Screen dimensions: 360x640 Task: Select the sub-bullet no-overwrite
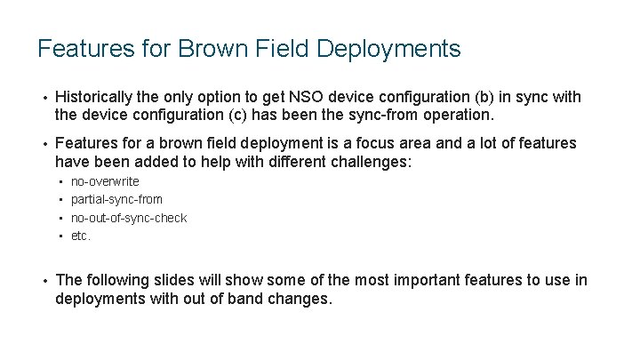click(105, 182)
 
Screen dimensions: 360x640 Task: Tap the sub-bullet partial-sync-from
click(116, 200)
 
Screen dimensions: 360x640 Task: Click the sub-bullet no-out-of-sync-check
click(129, 218)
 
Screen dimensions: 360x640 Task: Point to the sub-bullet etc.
click(81, 236)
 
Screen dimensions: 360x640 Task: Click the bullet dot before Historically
click(43, 97)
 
